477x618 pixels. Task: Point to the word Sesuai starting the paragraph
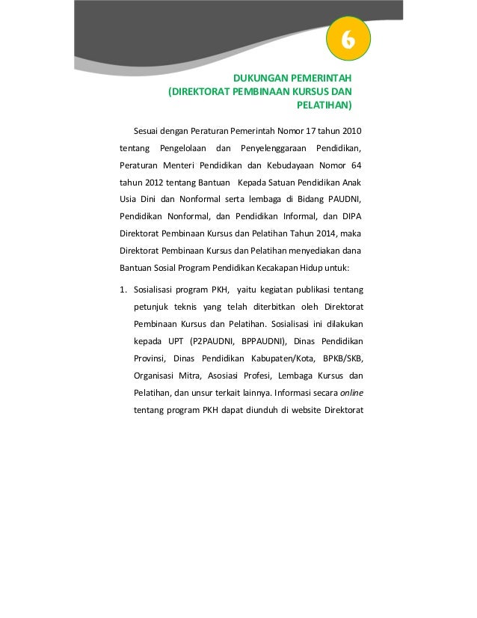pyautogui.click(x=148, y=132)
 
